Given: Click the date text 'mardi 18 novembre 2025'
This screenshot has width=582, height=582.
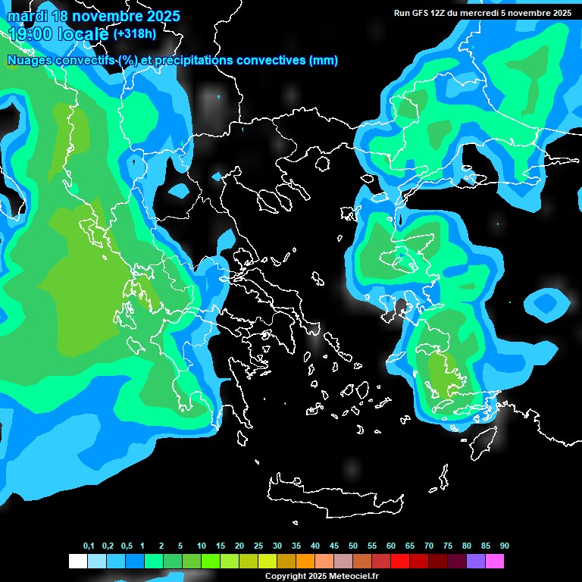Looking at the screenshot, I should (x=93, y=16).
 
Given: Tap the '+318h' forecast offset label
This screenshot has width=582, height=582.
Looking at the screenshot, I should (x=136, y=34).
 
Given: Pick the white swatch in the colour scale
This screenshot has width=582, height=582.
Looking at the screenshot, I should (x=77, y=562).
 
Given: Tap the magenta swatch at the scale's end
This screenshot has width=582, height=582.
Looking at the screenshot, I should (x=495, y=562).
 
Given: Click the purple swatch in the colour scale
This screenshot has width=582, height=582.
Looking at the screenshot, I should (x=476, y=562).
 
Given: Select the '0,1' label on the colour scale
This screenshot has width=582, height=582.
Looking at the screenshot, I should (x=89, y=546).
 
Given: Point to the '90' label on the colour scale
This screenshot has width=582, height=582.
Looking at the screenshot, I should (x=505, y=546).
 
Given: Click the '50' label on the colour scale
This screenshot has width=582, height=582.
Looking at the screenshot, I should (x=353, y=546).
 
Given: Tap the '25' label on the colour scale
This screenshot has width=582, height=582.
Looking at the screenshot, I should (x=258, y=546).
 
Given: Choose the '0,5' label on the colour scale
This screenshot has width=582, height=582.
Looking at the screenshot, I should (x=127, y=546).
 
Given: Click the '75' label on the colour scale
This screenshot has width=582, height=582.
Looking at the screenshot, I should (x=448, y=546).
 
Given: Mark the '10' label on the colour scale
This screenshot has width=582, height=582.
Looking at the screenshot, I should (x=202, y=546).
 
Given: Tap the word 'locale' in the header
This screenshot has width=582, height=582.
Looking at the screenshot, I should (x=83, y=34).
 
